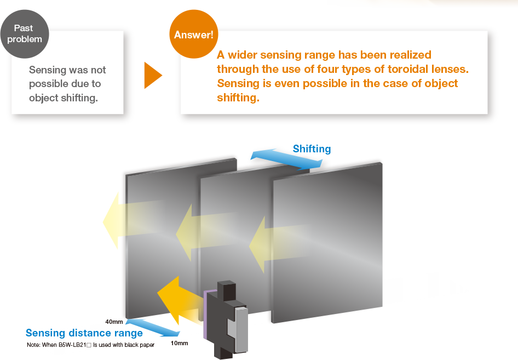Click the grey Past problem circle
pyautogui.click(x=24, y=33)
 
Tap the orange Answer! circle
pyautogui.click(x=193, y=35)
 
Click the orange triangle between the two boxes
pyautogui.click(x=152, y=76)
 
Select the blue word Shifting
pyautogui.click(x=312, y=149)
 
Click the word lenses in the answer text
pyautogui.click(x=452, y=69)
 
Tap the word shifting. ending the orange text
pyautogui.click(x=238, y=98)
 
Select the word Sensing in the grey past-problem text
pyautogui.click(x=48, y=70)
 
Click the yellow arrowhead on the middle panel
pyautogui.click(x=185, y=232)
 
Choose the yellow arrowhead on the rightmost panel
pyautogui.click(x=258, y=244)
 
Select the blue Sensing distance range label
pyautogui.click(x=84, y=333)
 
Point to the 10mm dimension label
pyautogui.click(x=179, y=344)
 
